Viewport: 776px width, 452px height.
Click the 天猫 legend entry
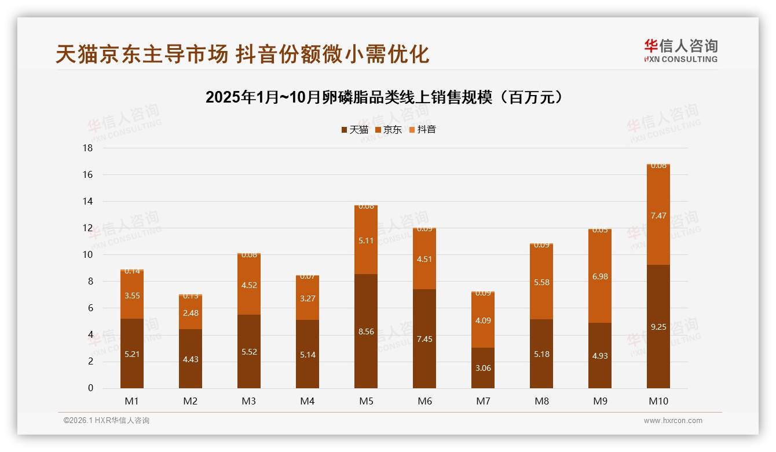[x=354, y=130]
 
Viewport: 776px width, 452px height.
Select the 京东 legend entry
[x=388, y=130]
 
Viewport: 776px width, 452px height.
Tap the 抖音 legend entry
[x=422, y=130]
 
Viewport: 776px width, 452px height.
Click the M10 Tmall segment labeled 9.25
[x=658, y=326]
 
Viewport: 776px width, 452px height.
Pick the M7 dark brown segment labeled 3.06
[x=483, y=368]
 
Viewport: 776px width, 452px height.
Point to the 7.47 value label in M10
[x=658, y=216]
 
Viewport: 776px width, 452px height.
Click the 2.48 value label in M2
[x=191, y=313]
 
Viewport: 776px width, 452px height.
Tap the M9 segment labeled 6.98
[x=600, y=276]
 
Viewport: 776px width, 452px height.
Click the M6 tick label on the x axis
[x=424, y=401]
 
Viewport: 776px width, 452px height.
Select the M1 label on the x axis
[x=132, y=401]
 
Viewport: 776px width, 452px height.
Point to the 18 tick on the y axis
[x=87, y=148]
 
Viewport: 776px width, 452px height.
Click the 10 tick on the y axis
[x=87, y=255]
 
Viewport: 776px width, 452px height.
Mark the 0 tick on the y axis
[x=90, y=388]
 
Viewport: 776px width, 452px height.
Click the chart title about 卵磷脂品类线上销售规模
[x=385, y=97]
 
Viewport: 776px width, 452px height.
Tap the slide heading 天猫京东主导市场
[x=242, y=54]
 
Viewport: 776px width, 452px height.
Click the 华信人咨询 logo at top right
[x=680, y=50]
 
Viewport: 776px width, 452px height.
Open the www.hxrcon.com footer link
[x=673, y=421]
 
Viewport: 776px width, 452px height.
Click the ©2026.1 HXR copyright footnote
[x=107, y=421]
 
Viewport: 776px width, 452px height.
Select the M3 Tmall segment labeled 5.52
[x=249, y=352]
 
